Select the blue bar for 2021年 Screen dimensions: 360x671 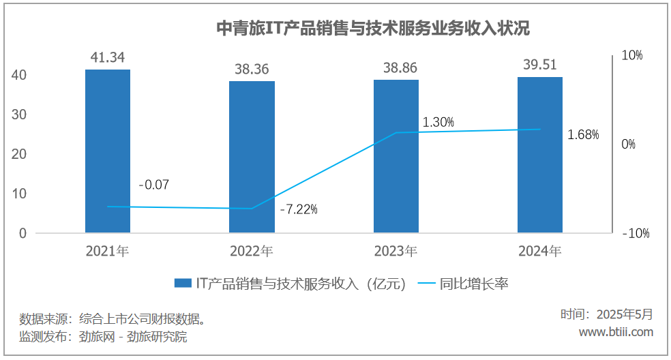click(108, 150)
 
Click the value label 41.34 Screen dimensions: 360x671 click(108, 57)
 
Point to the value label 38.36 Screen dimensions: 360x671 click(252, 69)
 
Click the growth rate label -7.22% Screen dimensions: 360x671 click(299, 209)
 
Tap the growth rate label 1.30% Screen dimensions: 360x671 click(438, 122)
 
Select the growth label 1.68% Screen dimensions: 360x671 click(583, 135)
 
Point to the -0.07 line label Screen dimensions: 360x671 click(153, 185)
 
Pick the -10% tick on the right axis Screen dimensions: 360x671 click(635, 234)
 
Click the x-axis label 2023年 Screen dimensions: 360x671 click(396, 252)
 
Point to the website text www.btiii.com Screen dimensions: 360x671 click(616, 332)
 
